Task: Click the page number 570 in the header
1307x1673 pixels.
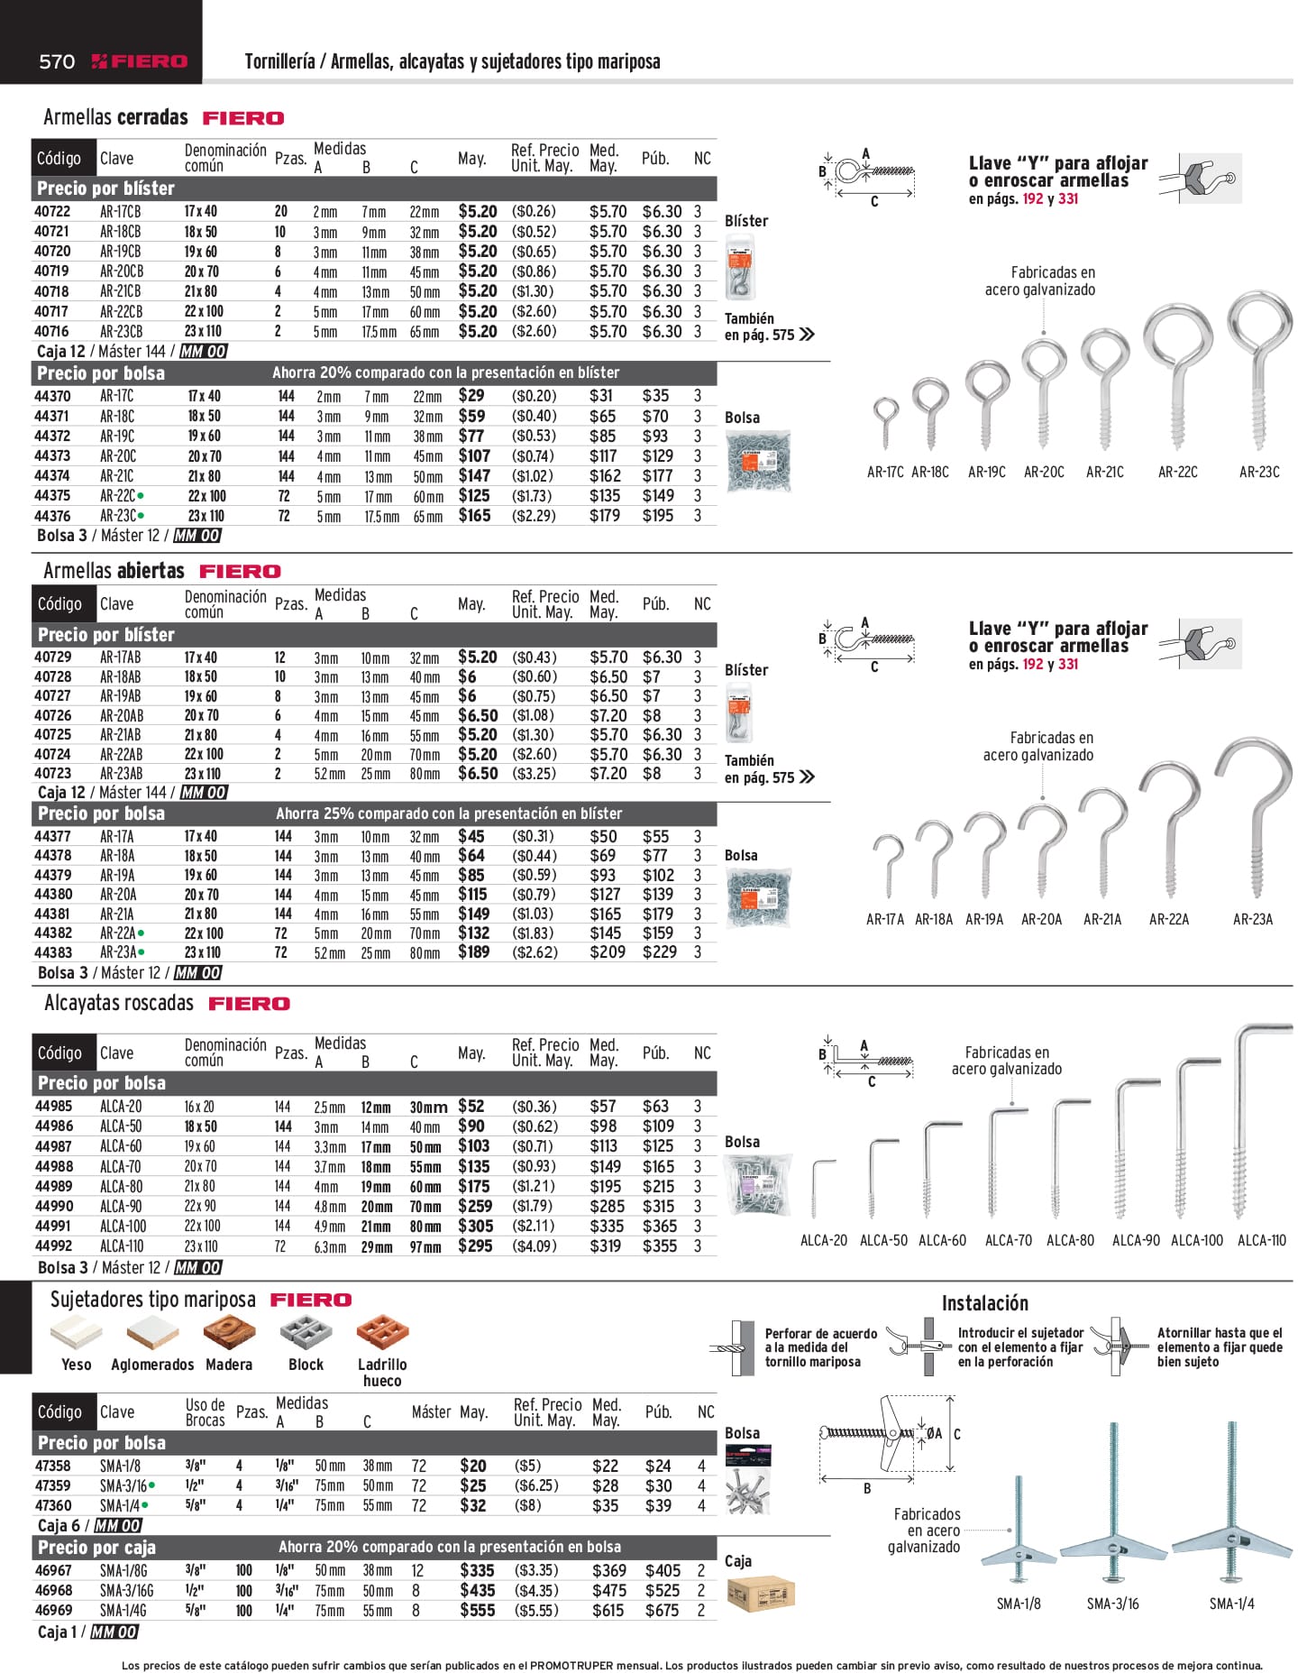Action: coord(57,61)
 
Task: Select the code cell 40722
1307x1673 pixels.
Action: coord(52,211)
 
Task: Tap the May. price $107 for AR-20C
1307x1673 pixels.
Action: coord(474,456)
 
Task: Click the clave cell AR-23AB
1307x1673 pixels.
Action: coord(121,774)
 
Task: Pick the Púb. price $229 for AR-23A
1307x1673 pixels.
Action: coord(660,952)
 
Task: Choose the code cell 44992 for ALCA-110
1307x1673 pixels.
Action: coord(54,1246)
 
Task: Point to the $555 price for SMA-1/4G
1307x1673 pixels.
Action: coord(478,1610)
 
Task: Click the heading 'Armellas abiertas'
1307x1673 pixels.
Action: coord(114,571)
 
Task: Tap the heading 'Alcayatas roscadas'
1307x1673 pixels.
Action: coord(119,1004)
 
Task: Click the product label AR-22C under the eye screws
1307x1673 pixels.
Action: coord(1178,472)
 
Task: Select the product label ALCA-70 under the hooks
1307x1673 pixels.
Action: coord(1009,1240)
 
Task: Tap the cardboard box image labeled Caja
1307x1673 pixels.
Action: coord(759,1595)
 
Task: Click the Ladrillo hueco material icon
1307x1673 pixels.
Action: coord(382,1332)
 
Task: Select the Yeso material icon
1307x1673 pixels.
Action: coord(77,1332)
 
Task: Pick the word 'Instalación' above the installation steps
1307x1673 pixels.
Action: coord(985,1303)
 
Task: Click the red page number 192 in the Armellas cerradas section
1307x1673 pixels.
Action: coord(1033,199)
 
